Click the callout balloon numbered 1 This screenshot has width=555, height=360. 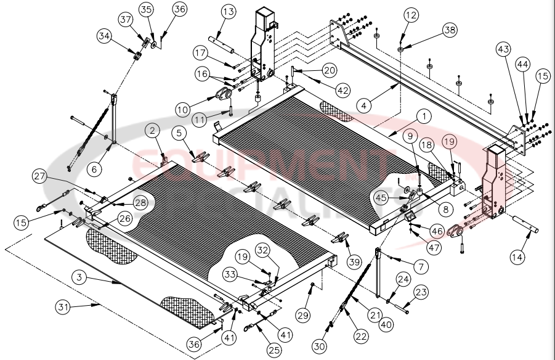tap(423, 115)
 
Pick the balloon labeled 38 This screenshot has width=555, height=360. tap(451, 30)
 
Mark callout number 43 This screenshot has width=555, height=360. tap(504, 48)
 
